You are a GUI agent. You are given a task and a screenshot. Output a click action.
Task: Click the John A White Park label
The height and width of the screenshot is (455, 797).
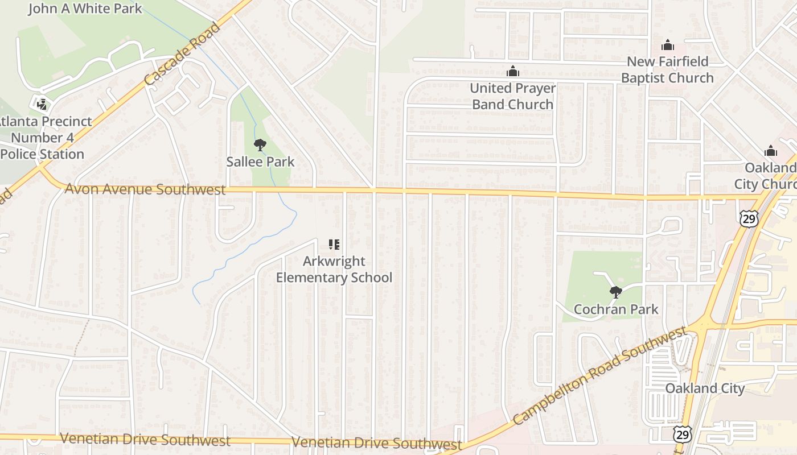tap(85, 9)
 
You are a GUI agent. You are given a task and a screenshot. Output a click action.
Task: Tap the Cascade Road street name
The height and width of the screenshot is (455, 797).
tap(182, 54)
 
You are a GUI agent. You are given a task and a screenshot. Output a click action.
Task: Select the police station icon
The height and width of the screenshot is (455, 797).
tap(42, 104)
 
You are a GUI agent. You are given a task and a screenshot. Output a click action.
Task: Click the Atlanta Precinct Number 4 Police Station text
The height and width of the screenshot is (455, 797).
tap(43, 138)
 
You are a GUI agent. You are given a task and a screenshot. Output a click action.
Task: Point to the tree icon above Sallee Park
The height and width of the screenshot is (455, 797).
tap(260, 145)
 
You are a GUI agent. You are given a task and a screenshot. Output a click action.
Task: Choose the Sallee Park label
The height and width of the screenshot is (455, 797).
tap(260, 162)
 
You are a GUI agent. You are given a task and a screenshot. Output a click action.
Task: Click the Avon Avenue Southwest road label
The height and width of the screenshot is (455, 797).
tap(145, 189)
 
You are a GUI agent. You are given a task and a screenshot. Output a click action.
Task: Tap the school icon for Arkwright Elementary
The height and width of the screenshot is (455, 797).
tap(334, 245)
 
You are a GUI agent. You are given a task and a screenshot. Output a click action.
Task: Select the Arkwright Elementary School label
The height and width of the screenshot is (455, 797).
tap(334, 270)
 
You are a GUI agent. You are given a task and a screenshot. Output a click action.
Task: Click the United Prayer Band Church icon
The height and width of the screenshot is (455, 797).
tap(513, 72)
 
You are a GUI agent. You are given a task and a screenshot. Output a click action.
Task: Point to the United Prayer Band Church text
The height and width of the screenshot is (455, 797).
tap(513, 96)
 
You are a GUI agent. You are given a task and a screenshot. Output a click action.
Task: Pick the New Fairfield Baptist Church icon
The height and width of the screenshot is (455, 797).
tap(667, 45)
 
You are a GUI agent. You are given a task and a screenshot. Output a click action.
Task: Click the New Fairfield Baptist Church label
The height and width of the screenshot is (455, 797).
tap(667, 69)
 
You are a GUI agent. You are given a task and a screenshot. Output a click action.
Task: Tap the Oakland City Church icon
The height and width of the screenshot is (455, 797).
tap(771, 151)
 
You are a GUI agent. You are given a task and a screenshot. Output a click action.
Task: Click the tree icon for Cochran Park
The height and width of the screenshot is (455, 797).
tap(615, 292)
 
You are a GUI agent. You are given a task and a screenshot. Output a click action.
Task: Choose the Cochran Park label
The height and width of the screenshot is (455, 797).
tap(615, 309)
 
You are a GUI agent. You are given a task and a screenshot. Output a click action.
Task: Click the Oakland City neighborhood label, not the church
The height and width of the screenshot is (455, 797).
tap(705, 388)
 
